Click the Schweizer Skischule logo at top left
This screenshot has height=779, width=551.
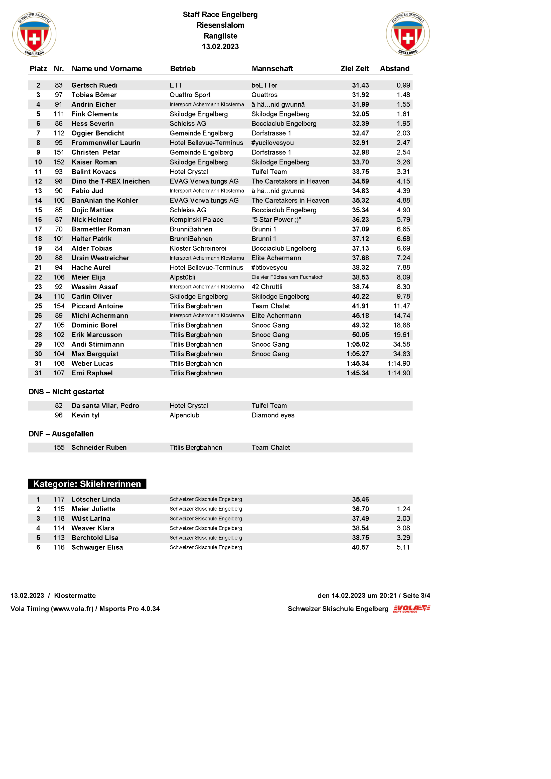tap(34, 34)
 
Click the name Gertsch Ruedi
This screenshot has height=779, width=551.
tap(94, 85)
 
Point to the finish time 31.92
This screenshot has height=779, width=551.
tap(360, 95)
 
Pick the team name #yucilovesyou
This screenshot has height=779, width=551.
tap(272, 143)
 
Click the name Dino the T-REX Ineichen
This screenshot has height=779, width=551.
tap(110, 181)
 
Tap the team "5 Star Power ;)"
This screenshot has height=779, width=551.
tap(276, 220)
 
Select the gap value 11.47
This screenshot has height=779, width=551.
tap(401, 306)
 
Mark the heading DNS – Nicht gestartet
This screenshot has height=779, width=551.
tap(66, 392)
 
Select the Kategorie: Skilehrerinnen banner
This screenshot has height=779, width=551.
tap(87, 484)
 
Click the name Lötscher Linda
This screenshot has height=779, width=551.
tap(95, 500)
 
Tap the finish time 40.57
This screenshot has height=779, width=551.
tap(360, 547)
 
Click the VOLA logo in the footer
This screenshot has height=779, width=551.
tap(411, 609)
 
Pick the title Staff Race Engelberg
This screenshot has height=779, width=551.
tap(220, 15)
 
